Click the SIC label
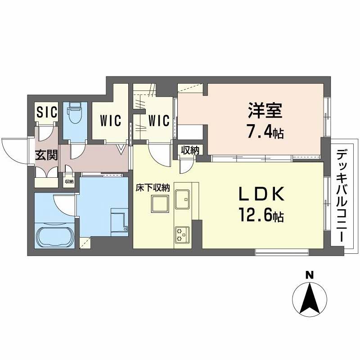click(47, 112)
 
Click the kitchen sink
click(182, 199)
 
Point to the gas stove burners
click(182, 234)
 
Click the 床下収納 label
click(153, 188)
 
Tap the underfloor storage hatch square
click(160, 204)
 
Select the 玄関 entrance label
click(46, 155)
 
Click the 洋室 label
click(265, 110)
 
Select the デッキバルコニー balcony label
click(342, 195)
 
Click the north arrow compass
click(310, 299)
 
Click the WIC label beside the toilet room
click(111, 120)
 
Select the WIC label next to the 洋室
click(159, 120)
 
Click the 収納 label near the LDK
click(190, 150)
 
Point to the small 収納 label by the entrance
click(69, 182)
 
